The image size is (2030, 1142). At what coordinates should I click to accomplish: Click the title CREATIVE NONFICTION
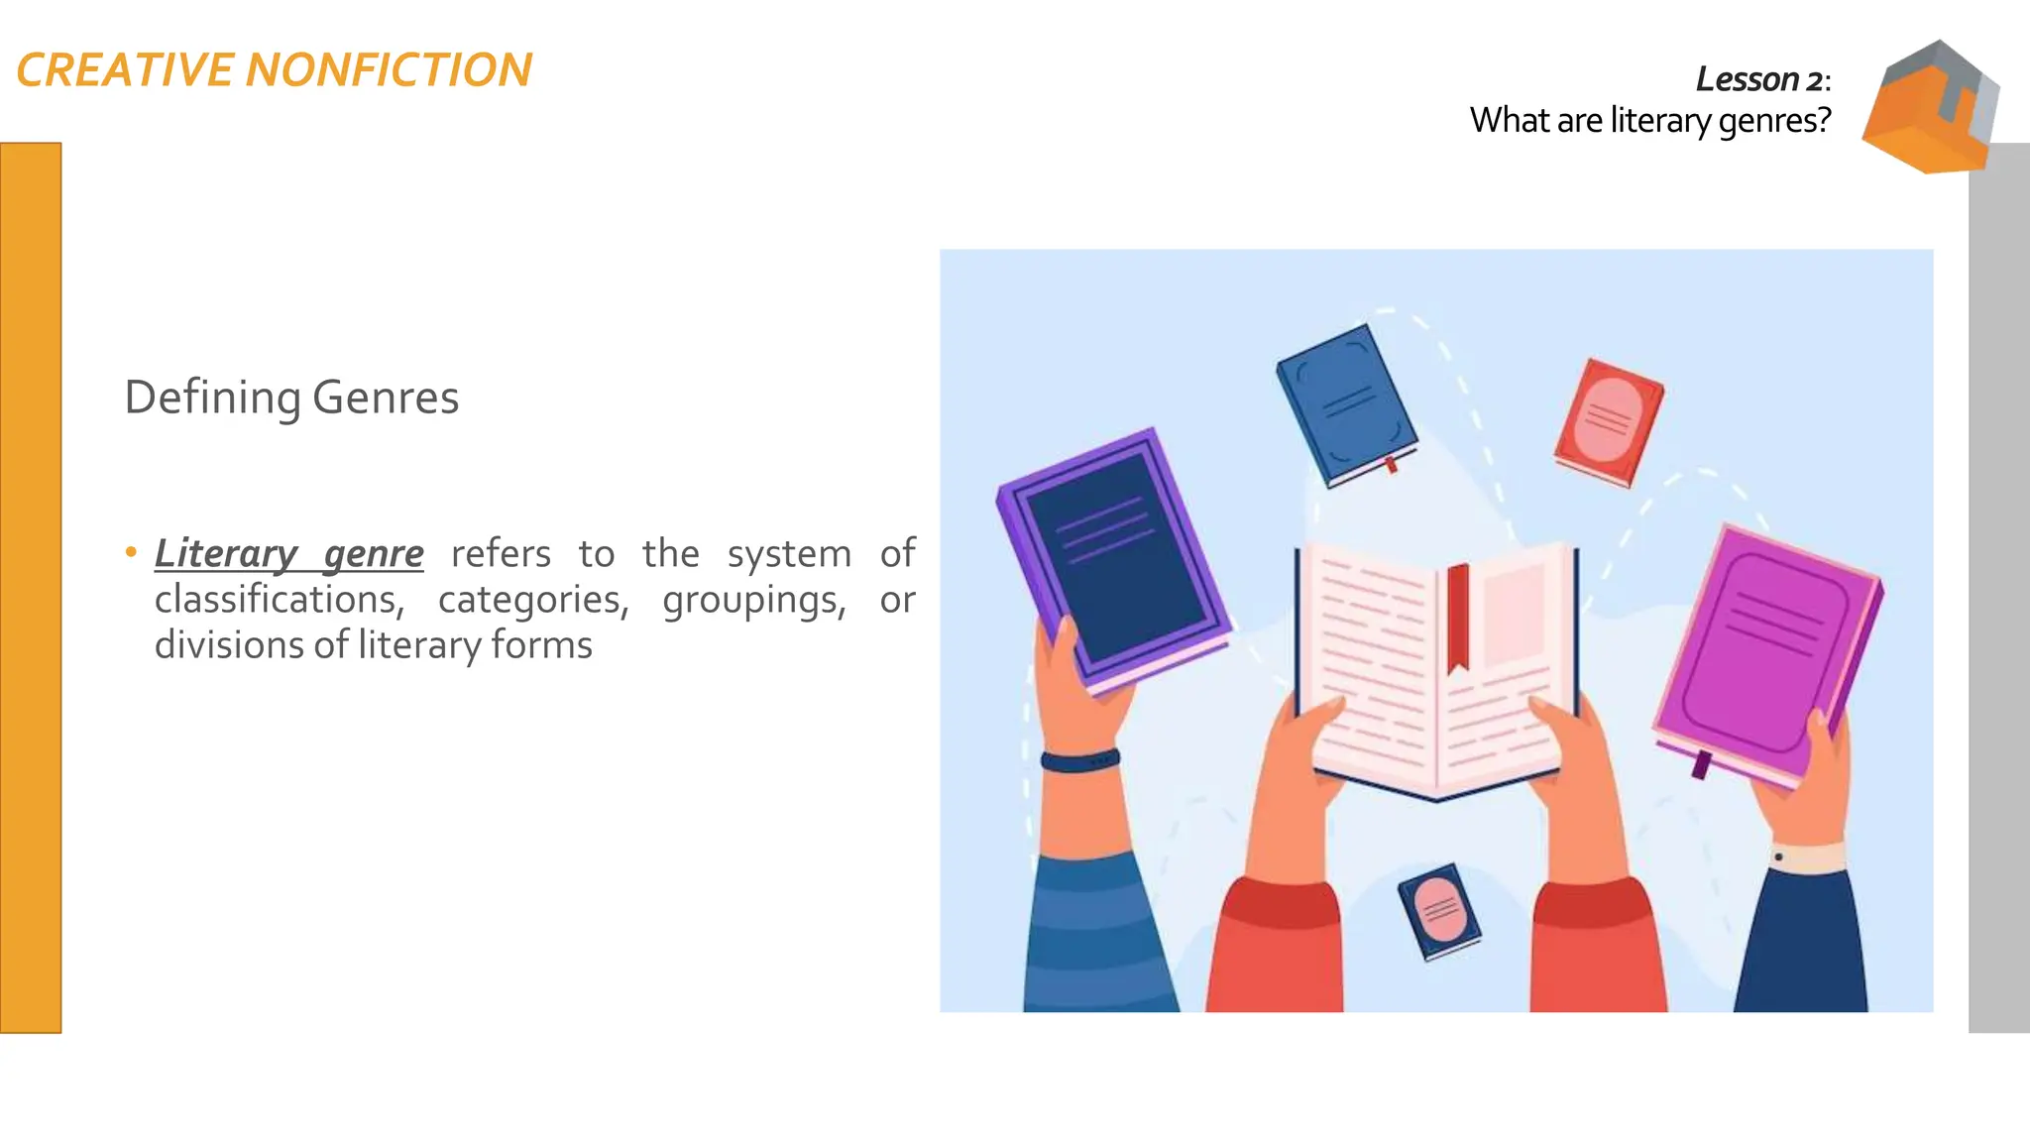tap(274, 70)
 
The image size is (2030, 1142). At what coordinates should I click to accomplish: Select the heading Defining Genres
tap(291, 398)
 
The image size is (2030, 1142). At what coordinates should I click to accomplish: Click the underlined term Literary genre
tap(288, 553)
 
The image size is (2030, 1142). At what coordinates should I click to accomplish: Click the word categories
tap(533, 600)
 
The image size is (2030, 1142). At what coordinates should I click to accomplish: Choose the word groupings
tap(753, 600)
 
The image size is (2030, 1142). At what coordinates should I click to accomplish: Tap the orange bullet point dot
tap(131, 552)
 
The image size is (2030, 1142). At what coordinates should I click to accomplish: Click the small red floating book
tap(1609, 422)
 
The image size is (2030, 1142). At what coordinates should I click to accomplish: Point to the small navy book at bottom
tap(1439, 911)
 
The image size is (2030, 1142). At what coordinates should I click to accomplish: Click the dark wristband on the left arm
tap(1079, 761)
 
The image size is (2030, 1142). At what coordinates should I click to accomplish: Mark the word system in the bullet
tap(789, 553)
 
